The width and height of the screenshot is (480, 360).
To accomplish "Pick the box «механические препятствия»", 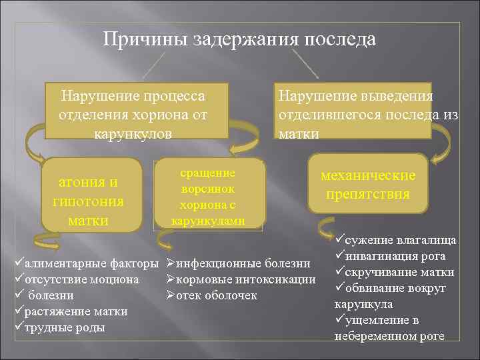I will click(x=368, y=185).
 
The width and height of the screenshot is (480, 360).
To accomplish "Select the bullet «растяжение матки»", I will click(x=75, y=312).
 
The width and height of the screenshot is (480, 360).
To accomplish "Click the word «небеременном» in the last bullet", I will click(x=377, y=336).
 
